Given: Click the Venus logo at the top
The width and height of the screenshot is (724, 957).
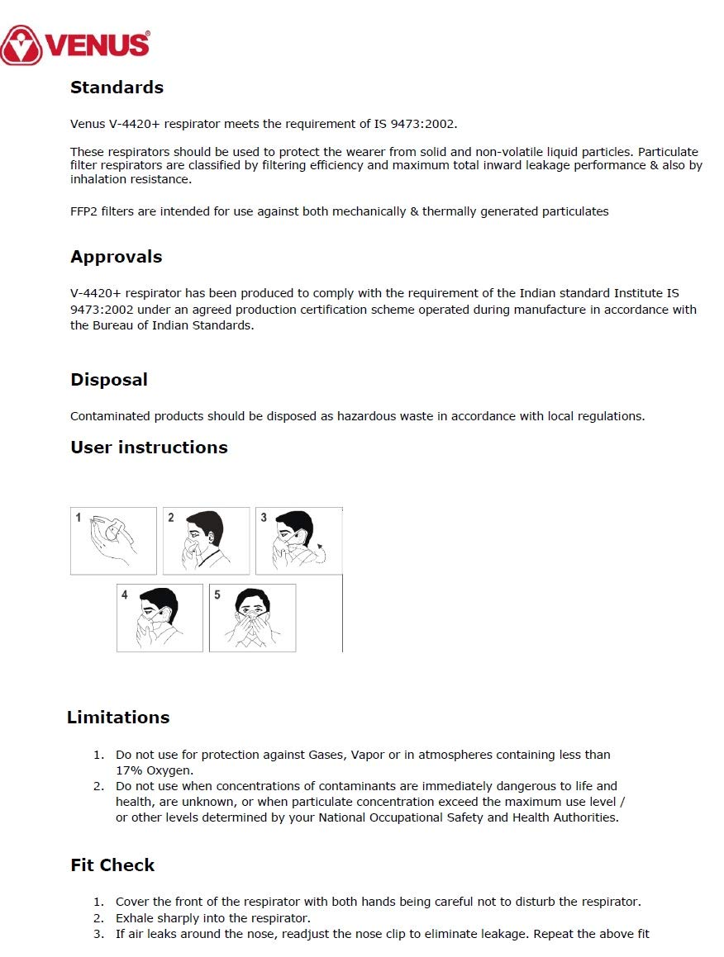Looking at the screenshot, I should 75,45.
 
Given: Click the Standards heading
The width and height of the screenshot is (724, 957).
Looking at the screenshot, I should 117,88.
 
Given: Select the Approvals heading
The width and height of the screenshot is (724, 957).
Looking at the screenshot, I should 116,257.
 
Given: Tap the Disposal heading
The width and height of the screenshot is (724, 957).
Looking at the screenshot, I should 109,380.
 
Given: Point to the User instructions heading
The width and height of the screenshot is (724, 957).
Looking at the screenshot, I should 149,448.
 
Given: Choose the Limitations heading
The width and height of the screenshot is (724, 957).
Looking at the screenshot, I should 118,718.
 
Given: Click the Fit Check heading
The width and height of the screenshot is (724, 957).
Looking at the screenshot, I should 112,865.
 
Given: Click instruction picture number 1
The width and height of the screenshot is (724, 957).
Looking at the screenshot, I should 113,541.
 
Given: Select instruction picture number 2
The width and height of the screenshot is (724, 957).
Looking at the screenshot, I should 206,541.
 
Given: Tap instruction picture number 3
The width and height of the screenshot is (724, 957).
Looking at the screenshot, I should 298,541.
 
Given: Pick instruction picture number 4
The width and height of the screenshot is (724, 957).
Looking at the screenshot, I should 160,618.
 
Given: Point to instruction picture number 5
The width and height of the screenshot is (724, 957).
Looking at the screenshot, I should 252,618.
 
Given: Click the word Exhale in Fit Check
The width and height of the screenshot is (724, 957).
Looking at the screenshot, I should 134,918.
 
